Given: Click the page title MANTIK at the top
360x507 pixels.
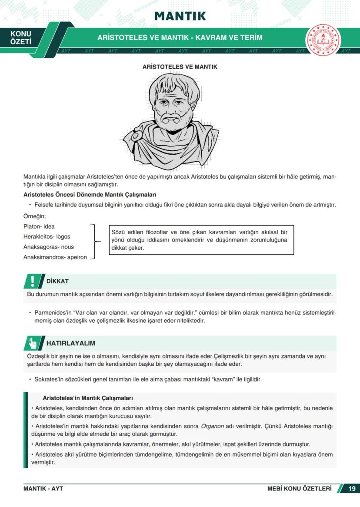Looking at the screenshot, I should coord(180,17).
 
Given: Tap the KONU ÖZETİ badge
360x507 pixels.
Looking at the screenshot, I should coord(20,38).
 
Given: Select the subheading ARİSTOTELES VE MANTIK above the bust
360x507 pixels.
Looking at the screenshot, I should coord(180,67).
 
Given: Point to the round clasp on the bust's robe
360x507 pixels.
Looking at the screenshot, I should coord(135,136).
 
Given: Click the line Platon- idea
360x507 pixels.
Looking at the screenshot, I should coord(39,227).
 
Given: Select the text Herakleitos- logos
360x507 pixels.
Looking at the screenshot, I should coord(47,237).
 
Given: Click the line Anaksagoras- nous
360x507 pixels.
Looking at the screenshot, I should coord(49,247).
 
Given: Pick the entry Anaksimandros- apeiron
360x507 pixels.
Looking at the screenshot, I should coord(55,257).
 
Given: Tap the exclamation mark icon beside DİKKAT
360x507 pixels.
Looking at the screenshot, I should coord(32,281).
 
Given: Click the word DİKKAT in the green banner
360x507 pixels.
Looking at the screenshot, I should coord(57,281).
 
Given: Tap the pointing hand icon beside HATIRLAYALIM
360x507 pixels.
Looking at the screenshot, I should coord(33,343).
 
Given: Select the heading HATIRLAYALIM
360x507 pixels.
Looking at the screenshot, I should coord(71,343).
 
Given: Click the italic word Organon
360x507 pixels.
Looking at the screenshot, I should coord(212,426).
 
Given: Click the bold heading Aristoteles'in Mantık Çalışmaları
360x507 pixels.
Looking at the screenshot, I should coord(87,398).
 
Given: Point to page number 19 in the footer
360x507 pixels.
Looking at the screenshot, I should coord(352,489).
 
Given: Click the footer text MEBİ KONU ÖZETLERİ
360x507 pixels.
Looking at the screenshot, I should coord(299,489).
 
